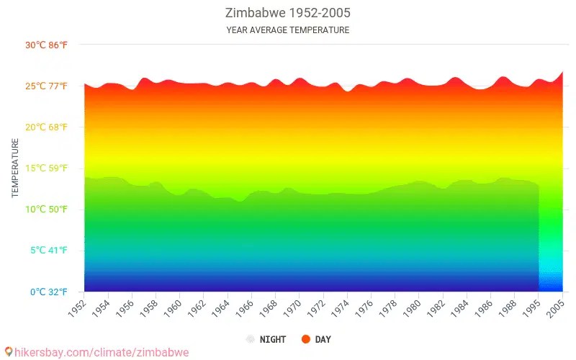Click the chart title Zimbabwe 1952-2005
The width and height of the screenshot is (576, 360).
287,13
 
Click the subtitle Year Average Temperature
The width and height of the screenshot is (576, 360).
287,30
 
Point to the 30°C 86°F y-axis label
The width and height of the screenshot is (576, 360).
46,45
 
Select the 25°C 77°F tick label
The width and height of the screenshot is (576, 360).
46,86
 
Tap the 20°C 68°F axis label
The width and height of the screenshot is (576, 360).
46,127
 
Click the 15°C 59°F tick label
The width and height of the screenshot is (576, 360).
46,168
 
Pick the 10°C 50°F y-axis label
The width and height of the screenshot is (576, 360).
46,210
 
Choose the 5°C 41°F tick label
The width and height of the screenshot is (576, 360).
48,251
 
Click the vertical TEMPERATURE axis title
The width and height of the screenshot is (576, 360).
15,168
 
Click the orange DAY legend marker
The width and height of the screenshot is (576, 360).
305,339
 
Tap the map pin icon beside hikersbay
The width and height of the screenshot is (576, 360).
8,352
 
